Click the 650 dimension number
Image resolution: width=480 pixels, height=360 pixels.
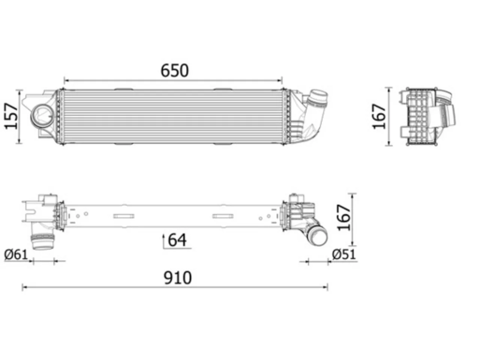pos(174,70)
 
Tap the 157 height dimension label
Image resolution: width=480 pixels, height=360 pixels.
pos(11,116)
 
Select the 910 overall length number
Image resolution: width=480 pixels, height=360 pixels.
pos(178,277)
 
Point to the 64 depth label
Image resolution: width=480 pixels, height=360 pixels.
pos(177,240)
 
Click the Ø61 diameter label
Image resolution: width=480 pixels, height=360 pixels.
pos(16,255)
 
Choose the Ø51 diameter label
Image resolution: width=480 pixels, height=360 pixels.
pos(344,254)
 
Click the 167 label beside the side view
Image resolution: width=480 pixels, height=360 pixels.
pos(379,116)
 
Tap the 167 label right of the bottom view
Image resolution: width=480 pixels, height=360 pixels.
pos(344,217)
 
